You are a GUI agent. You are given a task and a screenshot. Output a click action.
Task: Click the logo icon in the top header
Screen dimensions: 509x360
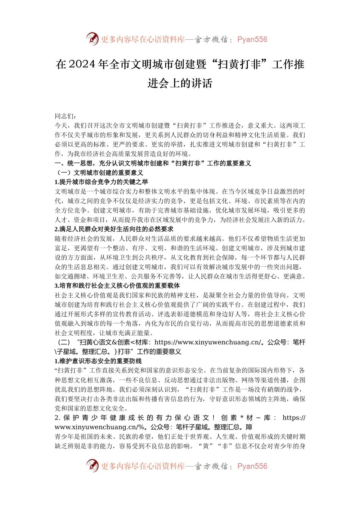point(92,39)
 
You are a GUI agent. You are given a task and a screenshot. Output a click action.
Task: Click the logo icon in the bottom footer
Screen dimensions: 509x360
point(92,466)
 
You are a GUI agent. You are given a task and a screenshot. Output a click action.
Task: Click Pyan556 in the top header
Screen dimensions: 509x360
point(252,39)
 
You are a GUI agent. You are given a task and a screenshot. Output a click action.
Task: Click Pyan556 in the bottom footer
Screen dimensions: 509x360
point(252,466)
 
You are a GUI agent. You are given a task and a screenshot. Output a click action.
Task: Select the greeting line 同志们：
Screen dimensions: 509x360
point(63,116)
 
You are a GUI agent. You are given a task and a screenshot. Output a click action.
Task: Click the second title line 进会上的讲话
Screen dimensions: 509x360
point(180,83)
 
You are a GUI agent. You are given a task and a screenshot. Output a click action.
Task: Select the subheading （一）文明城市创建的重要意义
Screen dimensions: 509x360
point(99,173)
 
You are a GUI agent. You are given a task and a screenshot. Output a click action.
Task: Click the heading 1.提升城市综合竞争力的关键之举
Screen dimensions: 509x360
point(102,182)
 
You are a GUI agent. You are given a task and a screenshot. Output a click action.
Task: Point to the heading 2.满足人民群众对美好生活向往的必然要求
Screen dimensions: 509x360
point(114,229)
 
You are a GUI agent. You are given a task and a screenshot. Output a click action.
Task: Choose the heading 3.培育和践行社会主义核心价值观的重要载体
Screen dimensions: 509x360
point(117,286)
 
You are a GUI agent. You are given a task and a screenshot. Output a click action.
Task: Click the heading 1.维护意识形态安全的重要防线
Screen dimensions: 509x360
point(98,361)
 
